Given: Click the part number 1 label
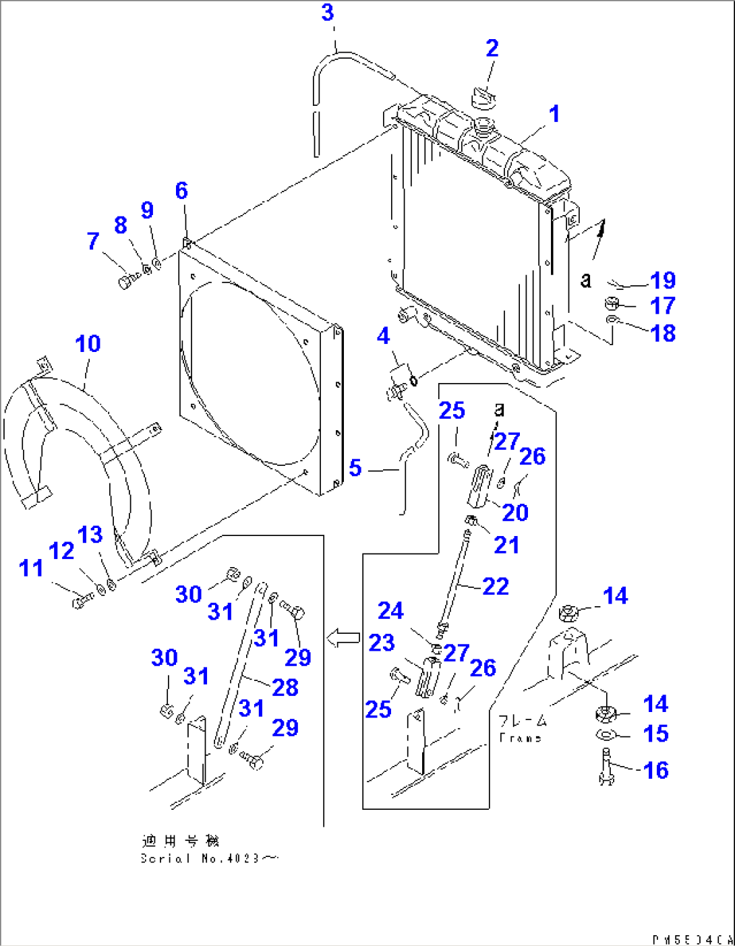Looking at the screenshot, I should tap(554, 114).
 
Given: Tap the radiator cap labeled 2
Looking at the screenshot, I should tap(483, 98).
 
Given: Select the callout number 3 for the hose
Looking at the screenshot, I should tap(328, 13).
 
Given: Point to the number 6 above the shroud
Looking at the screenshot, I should tap(181, 191).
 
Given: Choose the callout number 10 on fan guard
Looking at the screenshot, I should tap(88, 344).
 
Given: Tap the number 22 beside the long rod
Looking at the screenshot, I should tap(496, 587).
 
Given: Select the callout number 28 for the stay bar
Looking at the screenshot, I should tap(285, 688).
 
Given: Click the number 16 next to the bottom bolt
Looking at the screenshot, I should tap(656, 770).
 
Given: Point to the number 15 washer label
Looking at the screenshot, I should tap(656, 734).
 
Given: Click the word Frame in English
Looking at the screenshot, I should tap(521, 738).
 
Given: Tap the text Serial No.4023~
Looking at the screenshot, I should tap(209, 858).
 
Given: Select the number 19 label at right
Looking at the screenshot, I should tap(663, 280).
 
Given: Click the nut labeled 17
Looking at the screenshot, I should tap(612, 303).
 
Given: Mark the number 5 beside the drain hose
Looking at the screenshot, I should tap(355, 468).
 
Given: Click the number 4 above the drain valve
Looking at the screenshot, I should tap(383, 336).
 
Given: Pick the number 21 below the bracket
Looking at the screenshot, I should tap(506, 545).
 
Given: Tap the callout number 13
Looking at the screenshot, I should tap(90, 535).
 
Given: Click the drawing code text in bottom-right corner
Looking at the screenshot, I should tap(692, 939).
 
